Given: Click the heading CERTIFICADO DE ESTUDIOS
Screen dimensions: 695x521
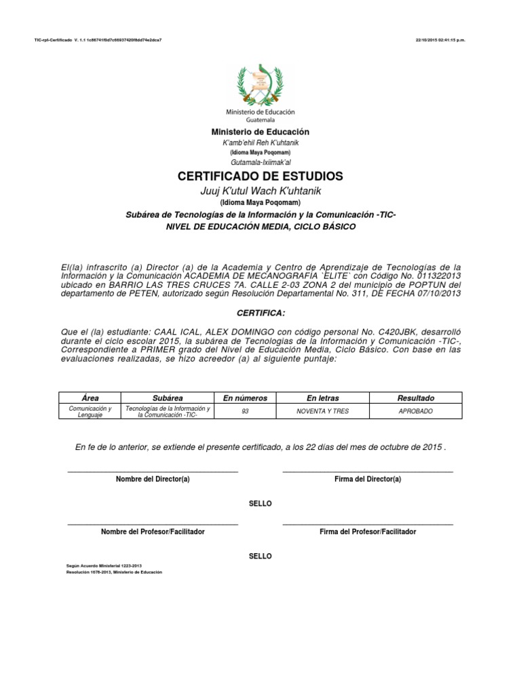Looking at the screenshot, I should (x=260, y=176).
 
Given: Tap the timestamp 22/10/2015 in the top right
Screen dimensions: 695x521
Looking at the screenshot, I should (x=440, y=40).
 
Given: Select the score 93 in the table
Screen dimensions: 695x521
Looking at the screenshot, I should (x=245, y=411).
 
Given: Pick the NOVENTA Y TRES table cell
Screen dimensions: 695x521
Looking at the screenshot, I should (x=323, y=411).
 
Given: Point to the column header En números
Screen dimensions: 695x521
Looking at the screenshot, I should (x=245, y=398).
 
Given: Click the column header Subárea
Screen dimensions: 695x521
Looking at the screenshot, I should (x=168, y=398).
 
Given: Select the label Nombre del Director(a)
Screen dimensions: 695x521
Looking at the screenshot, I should (x=153, y=479).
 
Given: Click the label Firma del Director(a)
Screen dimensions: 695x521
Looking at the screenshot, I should (x=368, y=479).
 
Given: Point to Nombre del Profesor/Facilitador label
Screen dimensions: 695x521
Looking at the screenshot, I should (x=153, y=531).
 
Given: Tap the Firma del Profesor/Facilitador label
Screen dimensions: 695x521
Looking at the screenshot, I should (x=368, y=531).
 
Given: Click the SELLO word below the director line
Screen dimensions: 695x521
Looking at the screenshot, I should (x=260, y=504).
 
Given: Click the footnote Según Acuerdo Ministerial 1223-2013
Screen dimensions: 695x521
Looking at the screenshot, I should (x=100, y=565).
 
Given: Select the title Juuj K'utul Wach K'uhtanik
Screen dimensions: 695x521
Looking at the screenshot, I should (x=260, y=191).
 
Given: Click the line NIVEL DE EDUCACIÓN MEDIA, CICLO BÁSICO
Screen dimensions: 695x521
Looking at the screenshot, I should (x=260, y=227).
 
